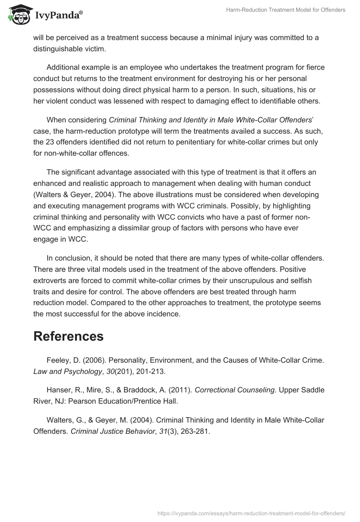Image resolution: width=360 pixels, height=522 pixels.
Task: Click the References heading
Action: [x=68, y=336]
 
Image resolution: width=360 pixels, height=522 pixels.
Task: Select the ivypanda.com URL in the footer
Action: [x=251, y=513]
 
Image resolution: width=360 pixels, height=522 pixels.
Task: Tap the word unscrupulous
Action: [x=238, y=280]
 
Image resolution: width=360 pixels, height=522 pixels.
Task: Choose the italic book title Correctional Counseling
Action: [x=234, y=390]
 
